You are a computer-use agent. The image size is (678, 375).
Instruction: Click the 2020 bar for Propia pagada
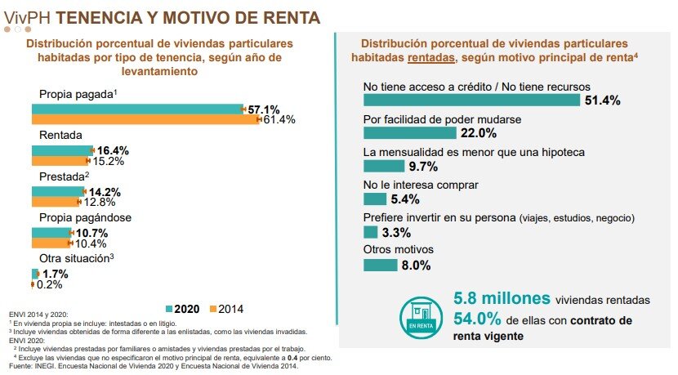coord(137,109)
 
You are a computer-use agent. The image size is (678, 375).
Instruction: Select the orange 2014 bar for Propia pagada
coord(145,119)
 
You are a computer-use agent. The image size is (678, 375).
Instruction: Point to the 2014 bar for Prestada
coord(55,202)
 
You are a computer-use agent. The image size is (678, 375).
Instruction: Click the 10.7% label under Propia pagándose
coord(91,233)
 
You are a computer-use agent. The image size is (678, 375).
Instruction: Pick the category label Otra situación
coord(76,259)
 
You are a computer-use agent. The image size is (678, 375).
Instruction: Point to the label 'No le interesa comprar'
coord(414,185)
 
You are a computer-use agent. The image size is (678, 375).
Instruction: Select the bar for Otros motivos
coord(380,265)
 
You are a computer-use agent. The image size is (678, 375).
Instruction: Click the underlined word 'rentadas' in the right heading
coord(433,57)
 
